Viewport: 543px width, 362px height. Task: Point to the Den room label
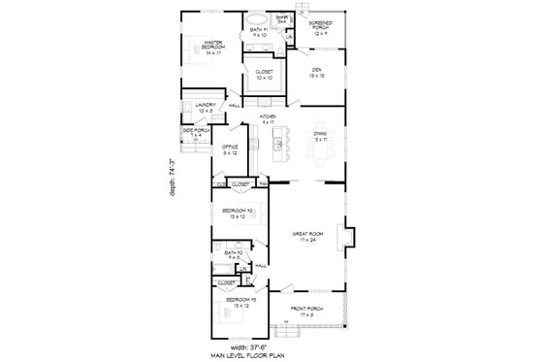pos(317,71)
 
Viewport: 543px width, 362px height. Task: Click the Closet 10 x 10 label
pos(265,74)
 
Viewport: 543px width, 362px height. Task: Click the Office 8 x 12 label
pos(230,148)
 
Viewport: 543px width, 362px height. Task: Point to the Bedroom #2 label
pos(237,213)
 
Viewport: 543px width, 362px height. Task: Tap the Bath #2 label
pos(232,254)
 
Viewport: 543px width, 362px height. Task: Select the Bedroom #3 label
pos(240,303)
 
